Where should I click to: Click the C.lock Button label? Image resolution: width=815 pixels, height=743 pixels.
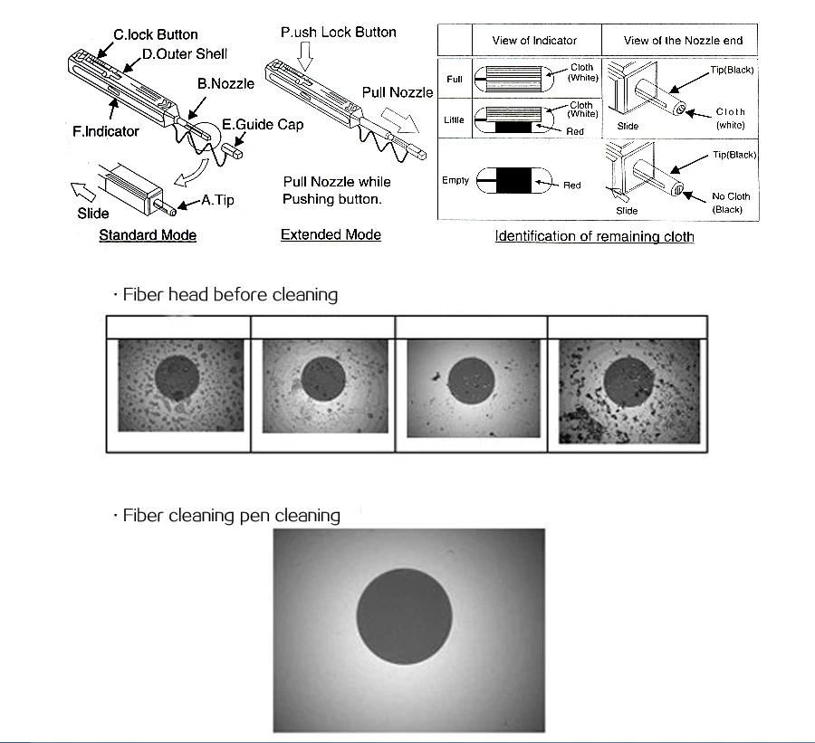click(x=155, y=35)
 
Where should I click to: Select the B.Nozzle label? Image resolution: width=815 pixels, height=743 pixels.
click(x=226, y=83)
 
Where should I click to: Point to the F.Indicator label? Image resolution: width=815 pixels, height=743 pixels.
click(x=106, y=132)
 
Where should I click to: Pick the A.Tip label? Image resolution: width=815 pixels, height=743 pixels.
click(x=216, y=200)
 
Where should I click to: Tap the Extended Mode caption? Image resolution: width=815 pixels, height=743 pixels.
click(x=331, y=235)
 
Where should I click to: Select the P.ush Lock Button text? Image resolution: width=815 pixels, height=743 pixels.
click(x=338, y=33)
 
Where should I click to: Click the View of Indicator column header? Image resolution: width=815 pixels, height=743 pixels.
click(x=534, y=41)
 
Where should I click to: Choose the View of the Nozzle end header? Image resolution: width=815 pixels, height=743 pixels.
click(x=684, y=41)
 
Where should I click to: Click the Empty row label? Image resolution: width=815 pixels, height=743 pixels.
click(x=455, y=181)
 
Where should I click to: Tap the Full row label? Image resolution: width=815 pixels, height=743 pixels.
click(x=455, y=80)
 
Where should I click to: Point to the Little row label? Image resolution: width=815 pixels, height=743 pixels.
click(x=455, y=120)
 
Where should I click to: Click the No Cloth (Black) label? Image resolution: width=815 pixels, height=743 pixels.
click(x=730, y=202)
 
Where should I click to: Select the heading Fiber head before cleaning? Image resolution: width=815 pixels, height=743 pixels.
click(x=230, y=295)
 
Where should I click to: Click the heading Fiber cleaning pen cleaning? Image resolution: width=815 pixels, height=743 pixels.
click(x=231, y=516)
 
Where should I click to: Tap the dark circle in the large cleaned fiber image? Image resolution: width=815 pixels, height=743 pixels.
click(x=404, y=617)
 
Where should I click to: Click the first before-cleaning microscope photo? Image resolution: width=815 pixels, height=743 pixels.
click(x=180, y=385)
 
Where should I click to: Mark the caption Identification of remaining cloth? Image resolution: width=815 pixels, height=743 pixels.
click(x=594, y=237)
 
